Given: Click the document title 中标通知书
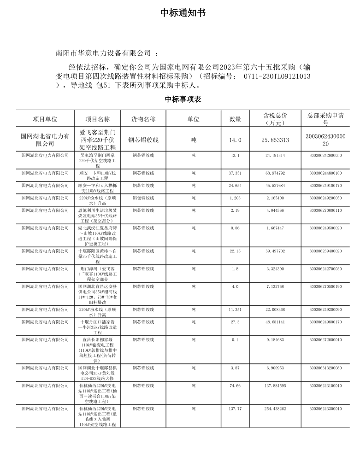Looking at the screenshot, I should (x=183, y=13).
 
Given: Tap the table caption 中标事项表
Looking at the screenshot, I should (x=183, y=99).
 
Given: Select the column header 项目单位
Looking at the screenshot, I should (x=45, y=119).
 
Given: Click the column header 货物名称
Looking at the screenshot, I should (x=143, y=119).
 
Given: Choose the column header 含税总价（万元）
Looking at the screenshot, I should (x=275, y=119).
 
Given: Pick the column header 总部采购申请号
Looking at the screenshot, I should (x=325, y=119).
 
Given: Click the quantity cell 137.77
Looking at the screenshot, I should (x=235, y=409).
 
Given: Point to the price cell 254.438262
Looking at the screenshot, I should (x=275, y=409).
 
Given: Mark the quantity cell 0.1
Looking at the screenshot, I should (x=235, y=340).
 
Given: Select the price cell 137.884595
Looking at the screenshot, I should (x=275, y=386).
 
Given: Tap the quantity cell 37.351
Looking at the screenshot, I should (x=235, y=173).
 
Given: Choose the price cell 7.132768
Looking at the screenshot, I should (x=275, y=287).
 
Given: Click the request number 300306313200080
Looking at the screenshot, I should (x=325, y=368).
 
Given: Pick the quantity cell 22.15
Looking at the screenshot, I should (x=235, y=251).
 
